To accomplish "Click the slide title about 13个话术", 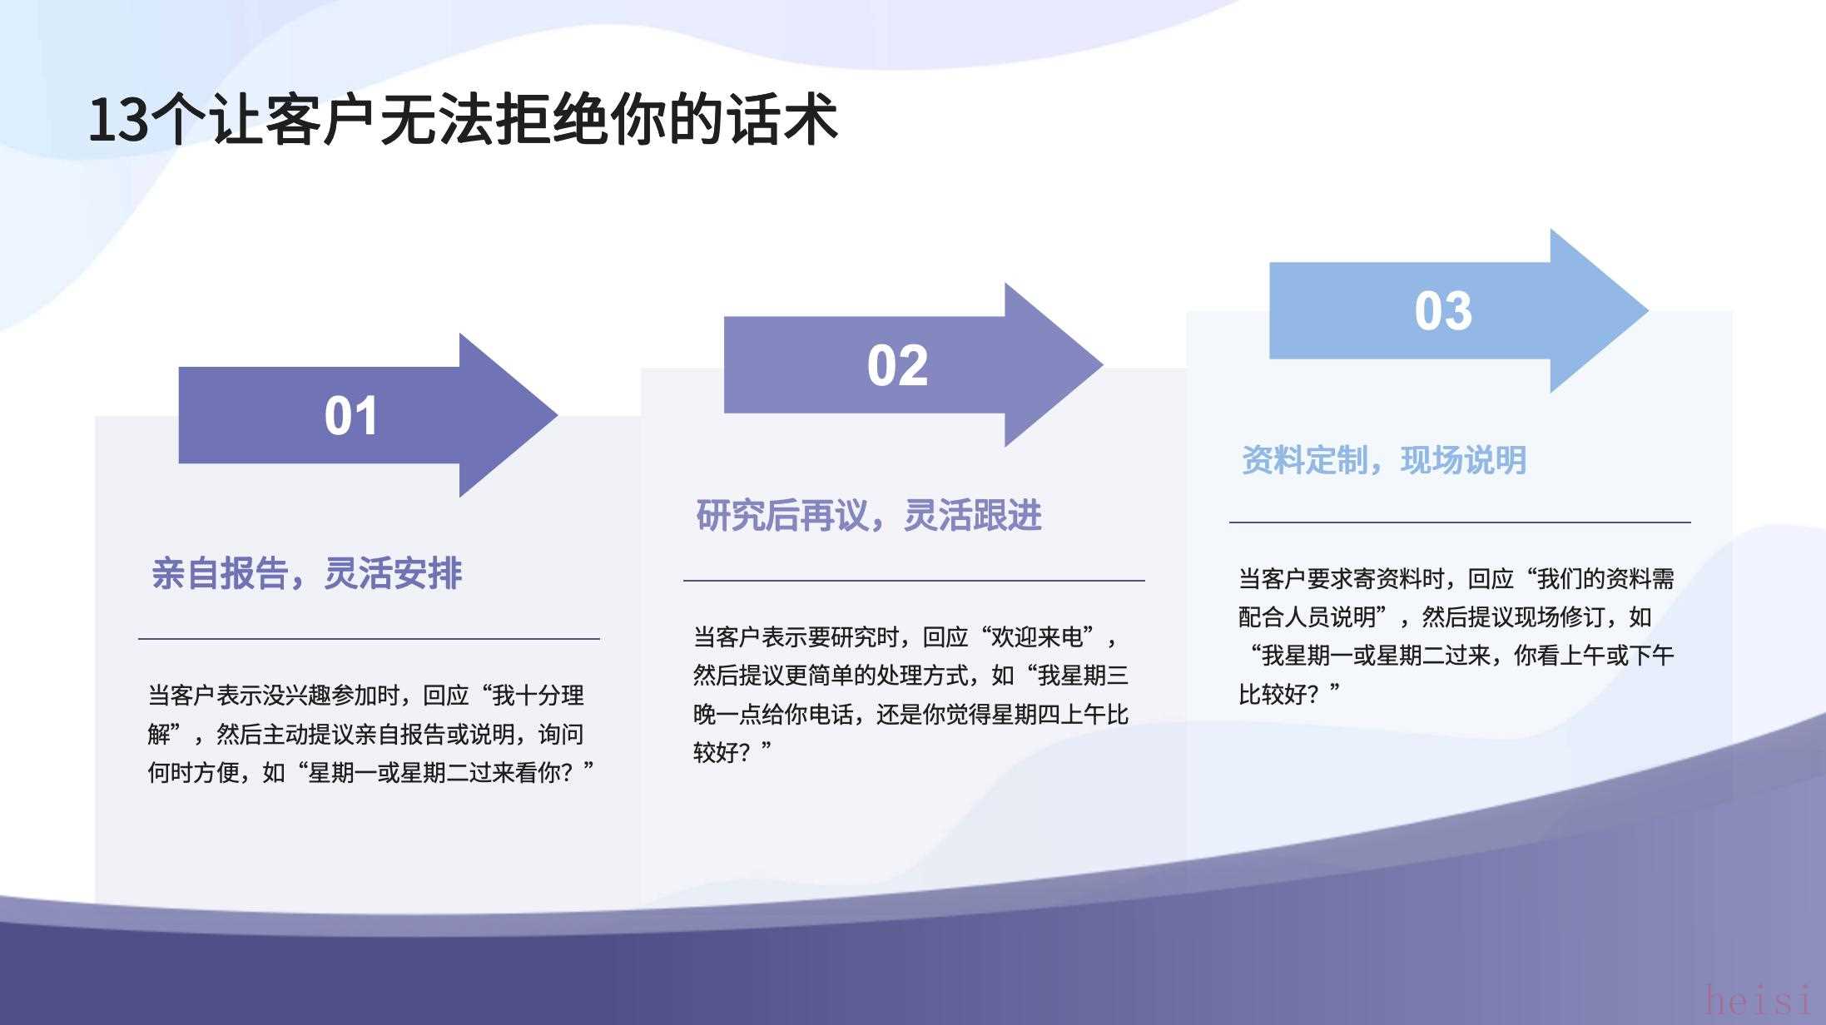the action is click(x=463, y=120).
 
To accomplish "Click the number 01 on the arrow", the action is click(x=351, y=416).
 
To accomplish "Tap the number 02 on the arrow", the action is click(x=897, y=365).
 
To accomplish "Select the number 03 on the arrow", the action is click(x=1443, y=311).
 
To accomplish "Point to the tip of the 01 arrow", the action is click(x=557, y=415).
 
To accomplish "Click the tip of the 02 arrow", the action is click(x=1103, y=364).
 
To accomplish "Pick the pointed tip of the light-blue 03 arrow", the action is click(x=1648, y=310).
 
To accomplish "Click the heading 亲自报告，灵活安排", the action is click(x=306, y=573).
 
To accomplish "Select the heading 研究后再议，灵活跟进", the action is click(x=869, y=516).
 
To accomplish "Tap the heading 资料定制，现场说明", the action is click(x=1384, y=460).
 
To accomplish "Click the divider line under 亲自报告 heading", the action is click(x=369, y=639).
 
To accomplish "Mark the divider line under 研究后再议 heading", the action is click(x=914, y=581).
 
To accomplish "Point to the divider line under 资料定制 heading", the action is click(x=1460, y=522).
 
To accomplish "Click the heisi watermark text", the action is click(x=1757, y=998).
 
